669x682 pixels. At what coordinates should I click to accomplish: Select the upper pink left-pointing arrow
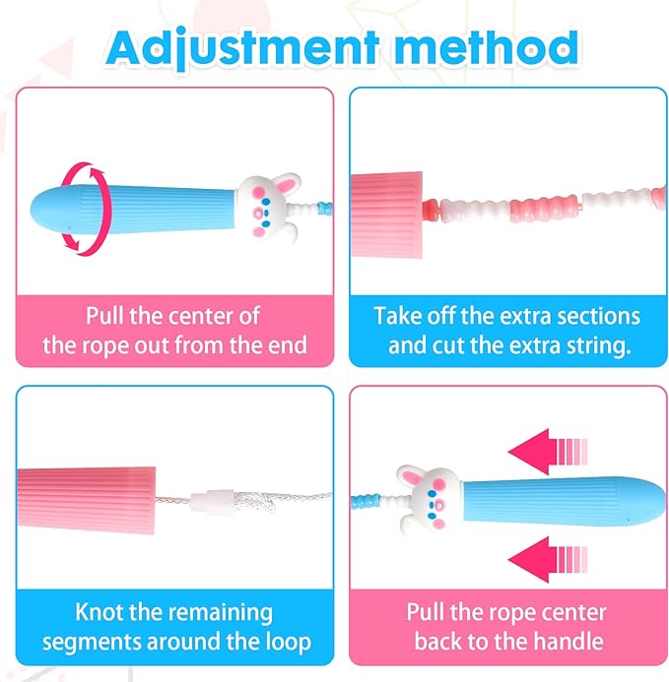click(548, 451)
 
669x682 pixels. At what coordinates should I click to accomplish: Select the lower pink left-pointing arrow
click(548, 559)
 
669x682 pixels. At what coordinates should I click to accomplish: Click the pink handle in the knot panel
click(87, 500)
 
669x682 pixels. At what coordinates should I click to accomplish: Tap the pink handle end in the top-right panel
click(386, 215)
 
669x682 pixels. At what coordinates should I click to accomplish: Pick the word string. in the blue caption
click(598, 346)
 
